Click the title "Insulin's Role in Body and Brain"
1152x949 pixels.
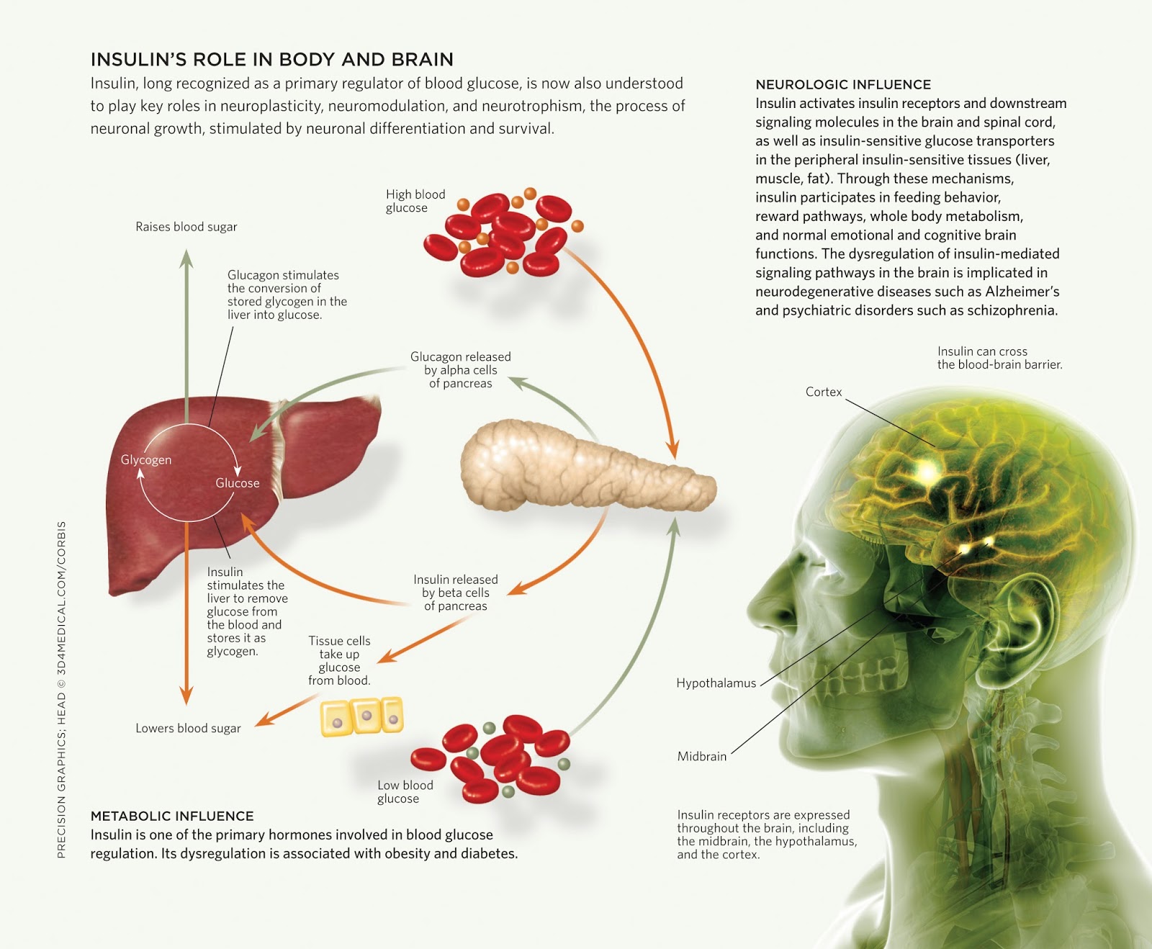coord(272,59)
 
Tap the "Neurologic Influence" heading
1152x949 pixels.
coord(843,84)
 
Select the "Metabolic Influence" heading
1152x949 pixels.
coord(172,816)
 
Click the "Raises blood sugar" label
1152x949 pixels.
coord(186,227)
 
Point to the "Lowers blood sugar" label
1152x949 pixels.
coord(188,728)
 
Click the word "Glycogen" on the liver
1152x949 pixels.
coord(146,460)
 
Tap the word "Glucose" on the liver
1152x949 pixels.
coord(238,483)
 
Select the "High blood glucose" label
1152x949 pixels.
coord(415,201)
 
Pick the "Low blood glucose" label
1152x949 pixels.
coord(405,791)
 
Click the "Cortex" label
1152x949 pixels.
coord(824,392)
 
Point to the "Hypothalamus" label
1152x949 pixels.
coord(716,683)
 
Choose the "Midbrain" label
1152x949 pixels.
coord(702,756)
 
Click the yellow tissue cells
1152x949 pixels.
coord(361,716)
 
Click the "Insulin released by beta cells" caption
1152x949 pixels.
coord(456,593)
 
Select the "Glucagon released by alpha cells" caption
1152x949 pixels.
coord(461,370)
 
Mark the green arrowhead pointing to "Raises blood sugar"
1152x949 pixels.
coord(186,258)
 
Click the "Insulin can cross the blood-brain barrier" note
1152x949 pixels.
coord(999,358)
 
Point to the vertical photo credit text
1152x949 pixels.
coord(61,690)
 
